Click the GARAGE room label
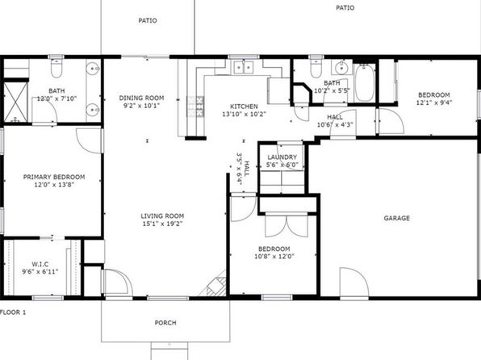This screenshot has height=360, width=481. tap(396, 218)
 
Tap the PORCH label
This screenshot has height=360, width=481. tap(165, 323)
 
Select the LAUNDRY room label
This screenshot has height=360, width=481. tap(282, 157)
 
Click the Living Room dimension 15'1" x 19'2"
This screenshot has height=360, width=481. tap(162, 224)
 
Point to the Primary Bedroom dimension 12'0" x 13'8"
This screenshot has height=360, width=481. tap(54, 185)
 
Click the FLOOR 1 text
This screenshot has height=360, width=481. tap(13, 312)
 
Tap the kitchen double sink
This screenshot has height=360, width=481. tap(244, 67)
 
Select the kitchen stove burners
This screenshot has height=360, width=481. tap(195, 107)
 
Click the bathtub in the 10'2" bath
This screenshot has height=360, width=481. tap(365, 82)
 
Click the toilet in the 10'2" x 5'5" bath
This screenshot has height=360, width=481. tap(316, 68)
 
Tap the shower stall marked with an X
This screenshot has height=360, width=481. tap(15, 103)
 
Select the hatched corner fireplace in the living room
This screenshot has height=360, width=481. tap(217, 286)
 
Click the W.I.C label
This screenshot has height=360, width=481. tap(40, 264)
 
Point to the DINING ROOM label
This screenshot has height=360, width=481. tap(141, 98)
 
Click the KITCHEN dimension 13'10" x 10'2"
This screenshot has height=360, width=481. tap(244, 114)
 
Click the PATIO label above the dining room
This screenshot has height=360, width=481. tap(148, 20)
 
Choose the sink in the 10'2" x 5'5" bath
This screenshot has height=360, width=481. tap(341, 68)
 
